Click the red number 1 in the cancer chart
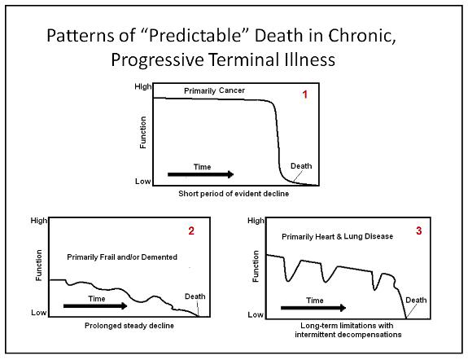[x=304, y=94]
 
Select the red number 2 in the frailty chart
[x=191, y=230]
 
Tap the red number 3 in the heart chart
[x=418, y=230]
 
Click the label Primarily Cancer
[x=214, y=90]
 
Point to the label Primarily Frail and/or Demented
[x=122, y=257]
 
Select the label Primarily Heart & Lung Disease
[x=337, y=237]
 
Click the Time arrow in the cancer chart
[x=200, y=174]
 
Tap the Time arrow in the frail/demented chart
[x=95, y=306]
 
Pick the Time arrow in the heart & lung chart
[x=313, y=308]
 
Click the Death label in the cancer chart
[x=301, y=166]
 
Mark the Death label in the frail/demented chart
[x=195, y=296]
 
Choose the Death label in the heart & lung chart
[x=416, y=300]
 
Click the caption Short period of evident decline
[x=234, y=194]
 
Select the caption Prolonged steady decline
[x=129, y=326]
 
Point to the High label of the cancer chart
[x=143, y=86]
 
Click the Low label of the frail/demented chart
[x=39, y=313]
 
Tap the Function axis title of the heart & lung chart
[x=256, y=266]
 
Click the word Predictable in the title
[x=195, y=35]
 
